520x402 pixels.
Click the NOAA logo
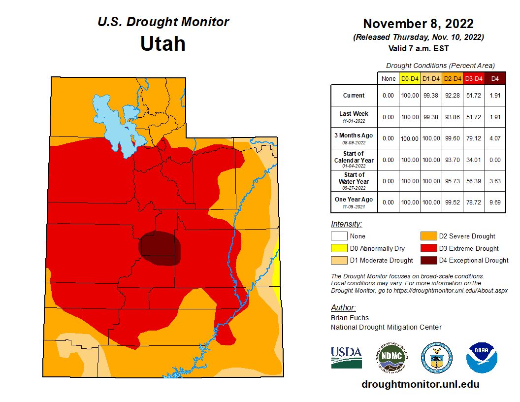pos(482,357)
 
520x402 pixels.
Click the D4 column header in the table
pos(495,78)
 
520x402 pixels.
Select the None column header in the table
pos(388,78)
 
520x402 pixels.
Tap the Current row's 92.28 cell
pos(452,96)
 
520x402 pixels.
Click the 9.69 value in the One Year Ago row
pos(495,202)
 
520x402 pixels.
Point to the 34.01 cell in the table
pos(473,160)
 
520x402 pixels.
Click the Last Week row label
pos(354,117)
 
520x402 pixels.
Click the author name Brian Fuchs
pos(350,318)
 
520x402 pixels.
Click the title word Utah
pos(162,44)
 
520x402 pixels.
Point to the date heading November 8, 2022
pos(418,24)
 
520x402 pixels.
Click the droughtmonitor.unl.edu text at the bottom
pos(420,384)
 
